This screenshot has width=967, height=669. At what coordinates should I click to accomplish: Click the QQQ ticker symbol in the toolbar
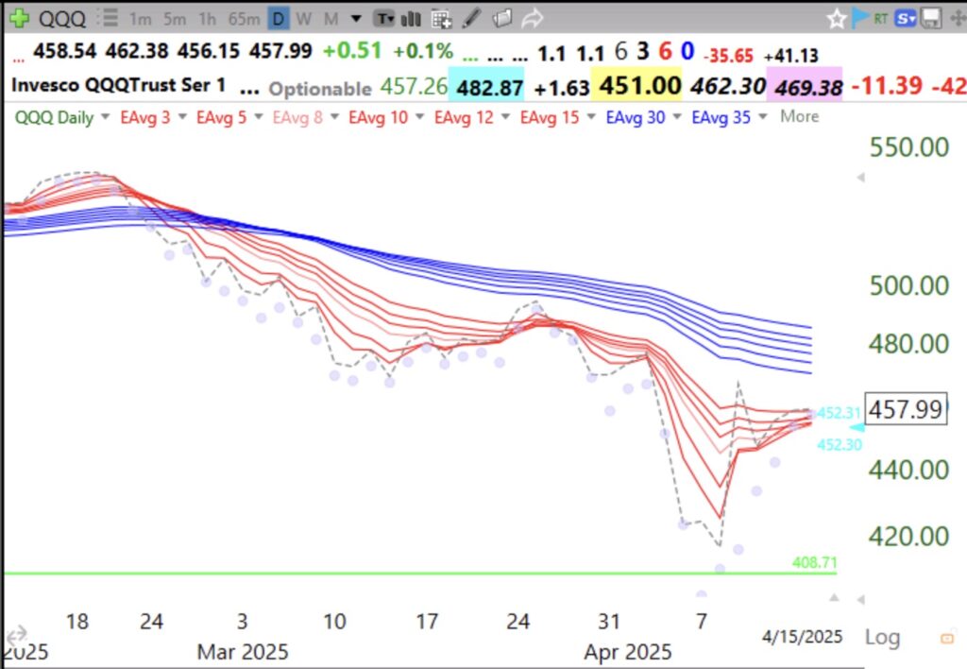pyautogui.click(x=63, y=17)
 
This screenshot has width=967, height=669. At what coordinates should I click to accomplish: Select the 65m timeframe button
pyautogui.click(x=243, y=18)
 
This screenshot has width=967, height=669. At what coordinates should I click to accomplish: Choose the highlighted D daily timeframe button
pyautogui.click(x=278, y=18)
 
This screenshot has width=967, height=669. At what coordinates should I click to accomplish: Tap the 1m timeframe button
pyautogui.click(x=140, y=18)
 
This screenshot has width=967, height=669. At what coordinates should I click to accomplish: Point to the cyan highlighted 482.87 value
pyautogui.click(x=490, y=87)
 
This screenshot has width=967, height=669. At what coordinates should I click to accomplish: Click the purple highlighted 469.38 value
pyautogui.click(x=805, y=88)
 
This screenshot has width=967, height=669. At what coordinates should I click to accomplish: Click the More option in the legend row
pyautogui.click(x=799, y=117)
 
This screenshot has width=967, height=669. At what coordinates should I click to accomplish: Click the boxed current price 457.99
pyautogui.click(x=905, y=410)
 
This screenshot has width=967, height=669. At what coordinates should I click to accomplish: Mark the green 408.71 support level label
pyautogui.click(x=813, y=563)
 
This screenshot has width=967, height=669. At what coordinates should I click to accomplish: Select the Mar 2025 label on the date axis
pyautogui.click(x=242, y=652)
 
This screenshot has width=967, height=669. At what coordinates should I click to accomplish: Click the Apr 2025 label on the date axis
pyautogui.click(x=628, y=652)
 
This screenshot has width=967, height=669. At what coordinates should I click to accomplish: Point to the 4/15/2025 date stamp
pyautogui.click(x=803, y=637)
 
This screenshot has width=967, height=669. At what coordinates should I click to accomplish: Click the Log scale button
pyautogui.click(x=881, y=637)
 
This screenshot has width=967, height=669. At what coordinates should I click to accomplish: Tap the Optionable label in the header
pyautogui.click(x=319, y=89)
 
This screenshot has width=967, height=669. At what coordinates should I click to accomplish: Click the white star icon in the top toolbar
pyautogui.click(x=836, y=18)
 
